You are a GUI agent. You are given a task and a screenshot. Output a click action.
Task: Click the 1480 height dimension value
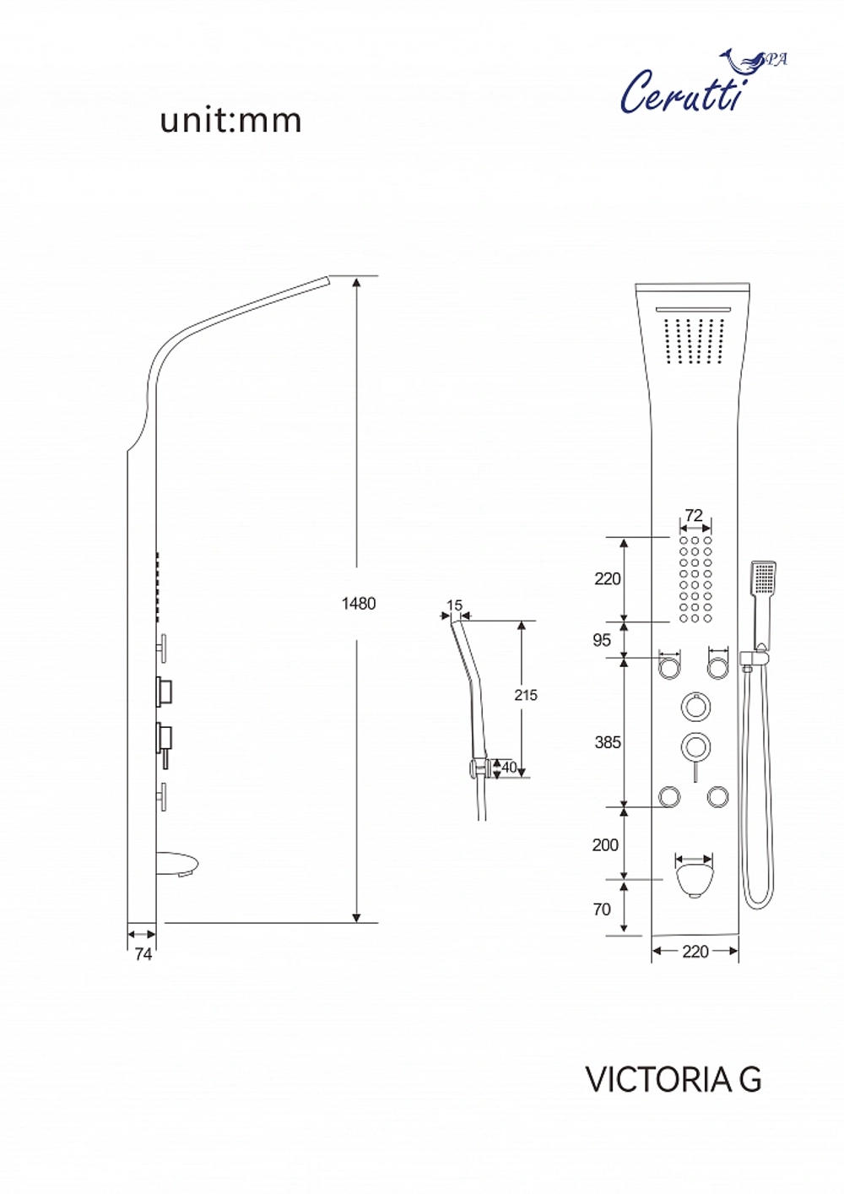click(x=359, y=604)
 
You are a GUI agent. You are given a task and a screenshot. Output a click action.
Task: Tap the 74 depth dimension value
click(x=143, y=954)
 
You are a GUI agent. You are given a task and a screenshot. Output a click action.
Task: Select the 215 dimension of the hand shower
click(x=526, y=695)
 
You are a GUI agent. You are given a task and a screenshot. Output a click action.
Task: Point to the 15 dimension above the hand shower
click(x=455, y=605)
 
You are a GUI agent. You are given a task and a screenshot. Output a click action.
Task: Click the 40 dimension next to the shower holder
click(x=510, y=767)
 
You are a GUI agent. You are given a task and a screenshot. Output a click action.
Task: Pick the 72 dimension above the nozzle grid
click(x=694, y=515)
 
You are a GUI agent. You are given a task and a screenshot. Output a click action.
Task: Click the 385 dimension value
click(x=608, y=742)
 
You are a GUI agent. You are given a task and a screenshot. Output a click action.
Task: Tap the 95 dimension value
click(x=602, y=640)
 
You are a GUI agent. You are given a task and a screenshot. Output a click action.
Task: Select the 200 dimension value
click(x=605, y=845)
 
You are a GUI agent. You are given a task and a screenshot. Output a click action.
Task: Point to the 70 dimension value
click(x=602, y=909)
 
